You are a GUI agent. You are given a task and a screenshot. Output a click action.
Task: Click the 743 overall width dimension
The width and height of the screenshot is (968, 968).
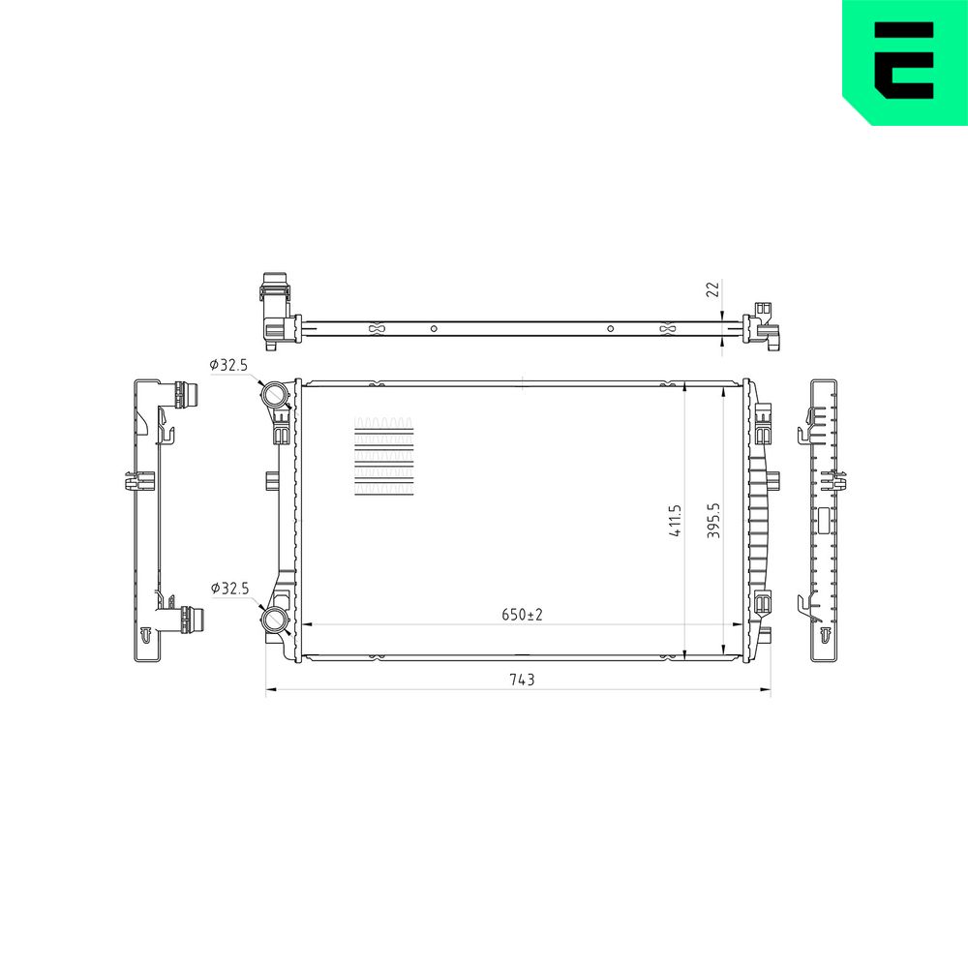[x=522, y=680]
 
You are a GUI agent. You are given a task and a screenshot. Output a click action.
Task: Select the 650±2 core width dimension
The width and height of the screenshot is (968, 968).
[x=522, y=615]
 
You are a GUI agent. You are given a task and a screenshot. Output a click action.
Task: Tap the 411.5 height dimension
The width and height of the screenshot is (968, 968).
[x=676, y=521]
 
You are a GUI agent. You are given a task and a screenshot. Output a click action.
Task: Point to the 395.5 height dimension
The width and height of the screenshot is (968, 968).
[x=713, y=521]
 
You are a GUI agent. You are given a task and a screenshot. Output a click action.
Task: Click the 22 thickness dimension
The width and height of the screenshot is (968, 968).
[x=713, y=288]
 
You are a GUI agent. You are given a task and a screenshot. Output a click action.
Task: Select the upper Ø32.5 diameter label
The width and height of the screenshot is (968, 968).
[x=228, y=365]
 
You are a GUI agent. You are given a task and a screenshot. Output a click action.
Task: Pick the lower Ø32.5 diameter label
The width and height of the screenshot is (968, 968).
[x=229, y=589]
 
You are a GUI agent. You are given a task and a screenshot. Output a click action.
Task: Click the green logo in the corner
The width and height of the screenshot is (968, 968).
[x=905, y=62]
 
